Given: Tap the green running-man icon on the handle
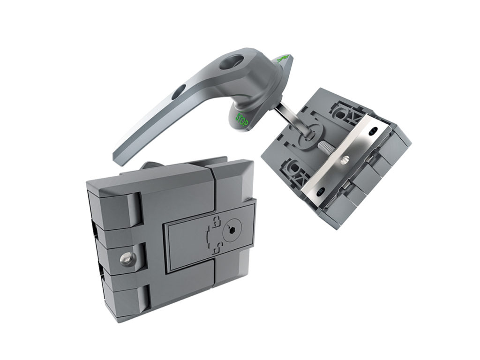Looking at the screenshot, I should [282, 60].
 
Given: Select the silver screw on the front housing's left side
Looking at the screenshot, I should [126, 258].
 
